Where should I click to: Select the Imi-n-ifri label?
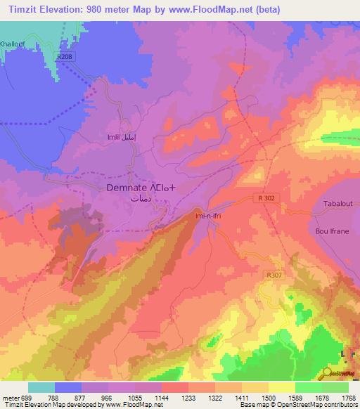(x=209, y=217)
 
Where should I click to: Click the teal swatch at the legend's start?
(x=41, y=387)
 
